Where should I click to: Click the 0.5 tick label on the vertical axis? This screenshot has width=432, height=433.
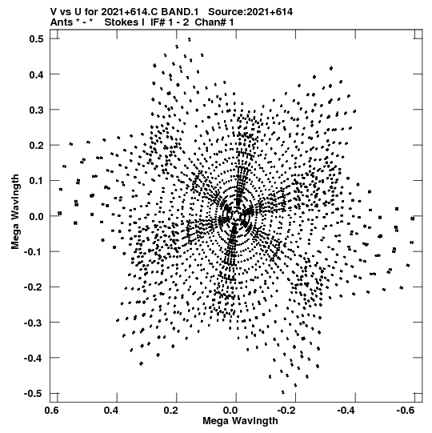(x=37, y=39)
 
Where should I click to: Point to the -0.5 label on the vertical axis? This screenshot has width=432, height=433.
(x=34, y=393)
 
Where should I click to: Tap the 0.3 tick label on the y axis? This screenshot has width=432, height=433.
(x=37, y=110)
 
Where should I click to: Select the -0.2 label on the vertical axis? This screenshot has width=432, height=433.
(x=34, y=287)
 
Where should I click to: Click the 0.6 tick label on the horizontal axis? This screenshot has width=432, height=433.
(x=52, y=411)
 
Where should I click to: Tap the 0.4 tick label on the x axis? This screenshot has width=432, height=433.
(x=111, y=411)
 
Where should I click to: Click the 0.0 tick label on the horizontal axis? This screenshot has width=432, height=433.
(x=230, y=411)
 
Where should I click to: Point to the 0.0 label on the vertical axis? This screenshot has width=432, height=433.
(x=37, y=216)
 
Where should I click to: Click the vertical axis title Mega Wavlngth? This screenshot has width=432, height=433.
(x=15, y=212)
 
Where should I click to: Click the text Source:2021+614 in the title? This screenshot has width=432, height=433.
(x=250, y=12)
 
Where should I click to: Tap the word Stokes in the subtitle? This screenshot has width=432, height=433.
(x=124, y=22)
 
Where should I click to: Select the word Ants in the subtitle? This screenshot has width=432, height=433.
(x=62, y=22)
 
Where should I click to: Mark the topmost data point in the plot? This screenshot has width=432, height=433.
(x=190, y=39)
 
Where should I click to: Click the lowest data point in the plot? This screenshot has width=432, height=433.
(x=283, y=392)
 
